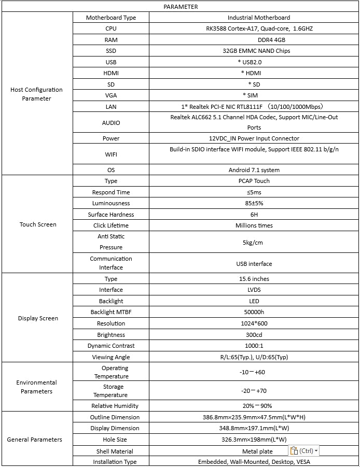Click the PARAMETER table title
coord(180,7)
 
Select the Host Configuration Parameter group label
coord(36,94)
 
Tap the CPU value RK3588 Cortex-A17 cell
coord(254,29)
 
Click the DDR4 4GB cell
coord(254,40)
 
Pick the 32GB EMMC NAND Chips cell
coord(254,51)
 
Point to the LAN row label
coord(110,107)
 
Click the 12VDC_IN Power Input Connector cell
coord(254,138)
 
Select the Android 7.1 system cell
coord(254,170)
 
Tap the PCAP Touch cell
coord(254,181)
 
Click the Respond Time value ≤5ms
coord(254,192)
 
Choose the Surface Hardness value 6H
coord(254,215)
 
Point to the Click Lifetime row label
coord(110,225)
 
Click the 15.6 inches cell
coord(254,279)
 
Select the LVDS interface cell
coord(254,290)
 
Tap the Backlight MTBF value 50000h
coord(254,312)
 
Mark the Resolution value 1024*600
coord(254,323)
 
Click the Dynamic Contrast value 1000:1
coord(254,346)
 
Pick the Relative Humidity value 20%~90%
coord(254,406)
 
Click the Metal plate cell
coord(257,451)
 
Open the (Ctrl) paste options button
coord(304,451)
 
